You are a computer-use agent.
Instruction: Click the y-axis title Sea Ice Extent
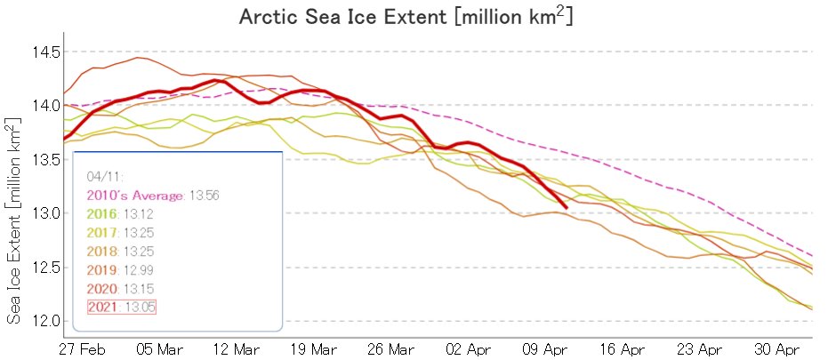click(x=15, y=219)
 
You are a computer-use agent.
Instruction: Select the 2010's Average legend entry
click(x=134, y=195)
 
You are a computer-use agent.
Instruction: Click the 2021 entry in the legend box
click(x=103, y=306)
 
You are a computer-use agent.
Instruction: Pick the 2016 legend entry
click(x=103, y=213)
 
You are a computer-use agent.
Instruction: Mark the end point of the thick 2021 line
click(x=567, y=207)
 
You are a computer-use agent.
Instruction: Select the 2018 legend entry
click(x=103, y=250)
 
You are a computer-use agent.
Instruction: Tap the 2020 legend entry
click(x=103, y=287)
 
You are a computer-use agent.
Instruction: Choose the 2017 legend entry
click(x=103, y=231)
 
